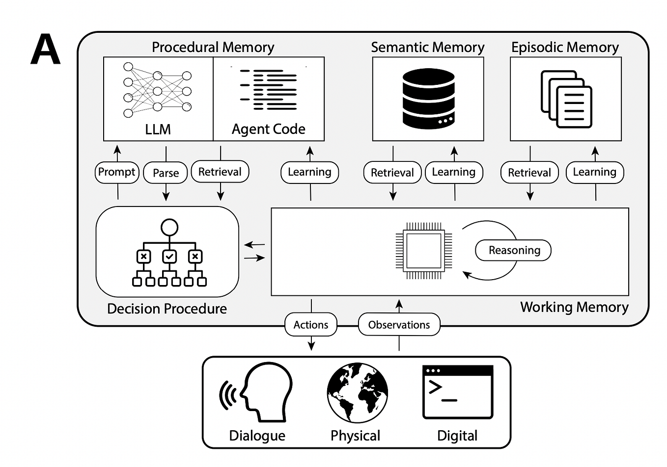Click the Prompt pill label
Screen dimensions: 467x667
click(117, 172)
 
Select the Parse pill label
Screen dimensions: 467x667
click(166, 173)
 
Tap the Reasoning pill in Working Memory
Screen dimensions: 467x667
click(513, 250)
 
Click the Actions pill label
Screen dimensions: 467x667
click(311, 325)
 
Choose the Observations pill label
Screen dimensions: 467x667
click(399, 325)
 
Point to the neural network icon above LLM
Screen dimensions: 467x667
click(157, 90)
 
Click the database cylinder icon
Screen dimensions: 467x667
click(428, 98)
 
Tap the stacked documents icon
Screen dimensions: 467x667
click(566, 99)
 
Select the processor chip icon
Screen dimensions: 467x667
click(424, 251)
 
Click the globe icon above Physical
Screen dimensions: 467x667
click(357, 393)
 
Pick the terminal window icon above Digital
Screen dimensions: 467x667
click(458, 392)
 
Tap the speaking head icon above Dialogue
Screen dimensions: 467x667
click(257, 392)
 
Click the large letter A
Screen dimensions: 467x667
click(45, 50)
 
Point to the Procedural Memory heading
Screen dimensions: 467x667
click(213, 47)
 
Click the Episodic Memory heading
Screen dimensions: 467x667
click(565, 47)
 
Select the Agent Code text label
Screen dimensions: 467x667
click(268, 129)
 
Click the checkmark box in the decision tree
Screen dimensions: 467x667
click(169, 256)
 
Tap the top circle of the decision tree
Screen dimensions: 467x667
click(169, 227)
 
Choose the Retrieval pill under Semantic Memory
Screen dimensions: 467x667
click(392, 173)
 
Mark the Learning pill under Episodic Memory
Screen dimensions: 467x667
click(594, 172)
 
